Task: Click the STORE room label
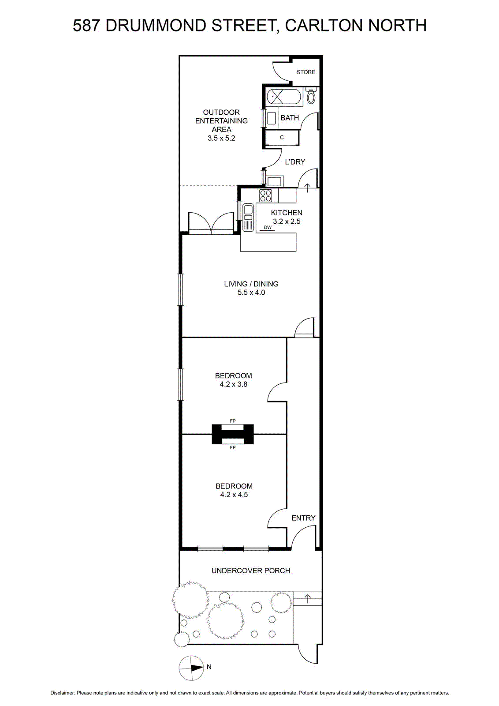[x=305, y=72]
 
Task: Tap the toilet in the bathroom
[x=311, y=96]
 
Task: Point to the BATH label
[x=290, y=118]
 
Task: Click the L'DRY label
[x=295, y=162]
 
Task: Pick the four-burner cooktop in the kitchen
[x=265, y=195]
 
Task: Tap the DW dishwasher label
[x=268, y=227]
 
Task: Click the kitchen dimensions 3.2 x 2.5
[x=287, y=222]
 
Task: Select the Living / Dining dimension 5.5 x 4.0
[x=251, y=293]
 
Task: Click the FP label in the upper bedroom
[x=233, y=421]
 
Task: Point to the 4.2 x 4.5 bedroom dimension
[x=234, y=495]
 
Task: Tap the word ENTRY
[x=303, y=518]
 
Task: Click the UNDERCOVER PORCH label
[x=250, y=571]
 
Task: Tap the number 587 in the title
[x=86, y=26]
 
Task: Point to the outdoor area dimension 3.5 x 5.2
[x=221, y=138]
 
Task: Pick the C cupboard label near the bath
[x=282, y=137]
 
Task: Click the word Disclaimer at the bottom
[x=62, y=693]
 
